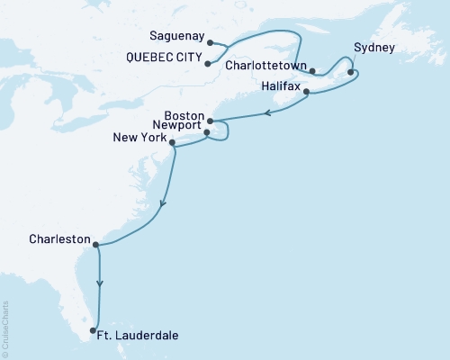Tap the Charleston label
pyautogui.click(x=58, y=240)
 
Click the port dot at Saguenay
pyautogui.click(x=210, y=42)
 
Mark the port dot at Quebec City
pyautogui.click(x=209, y=63)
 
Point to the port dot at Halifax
pyautogui.click(x=307, y=92)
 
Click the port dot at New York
pyautogui.click(x=172, y=140)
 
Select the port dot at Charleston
pyautogui.click(x=95, y=242)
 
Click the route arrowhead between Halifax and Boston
pyautogui.click(x=267, y=113)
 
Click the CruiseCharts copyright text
pyautogui.click(x=6, y=328)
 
